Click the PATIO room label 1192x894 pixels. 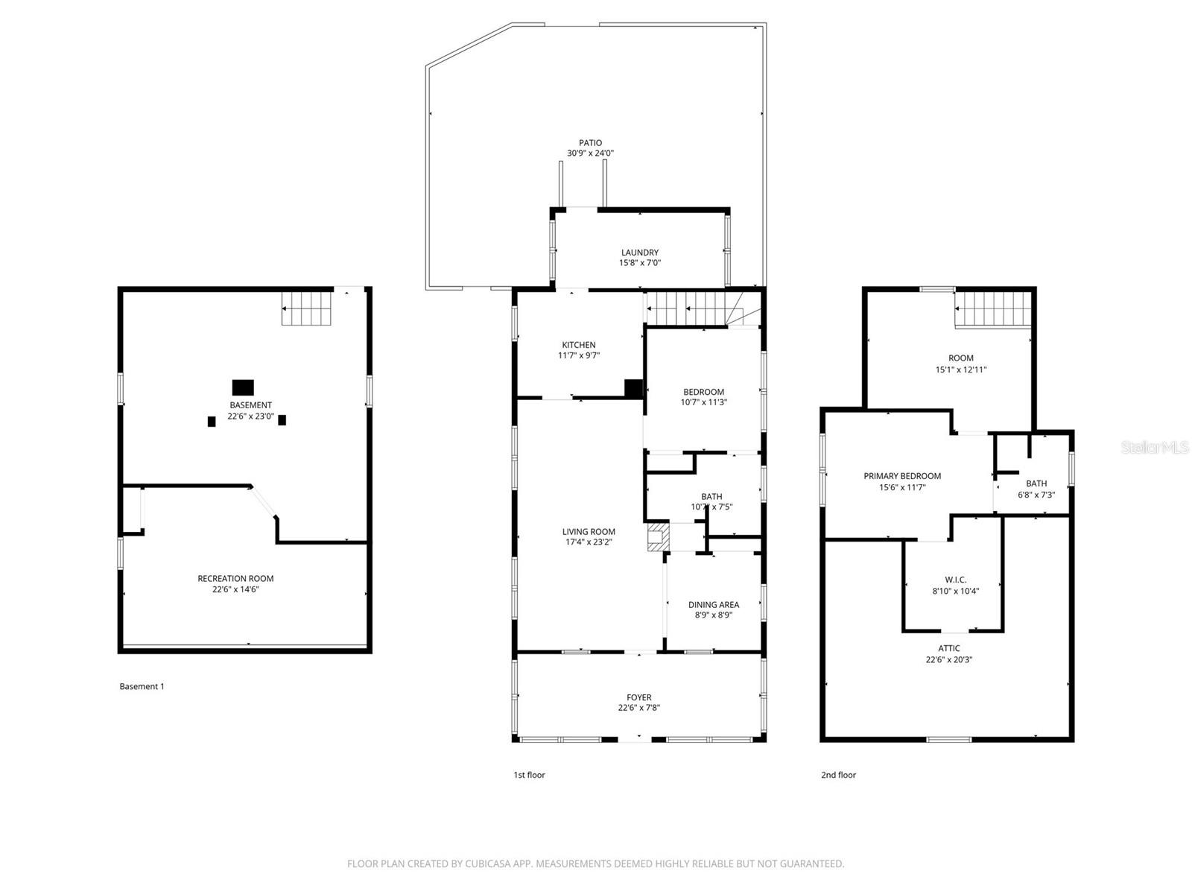(x=590, y=143)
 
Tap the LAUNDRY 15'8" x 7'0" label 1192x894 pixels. (x=639, y=258)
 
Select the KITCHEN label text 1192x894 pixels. (x=579, y=345)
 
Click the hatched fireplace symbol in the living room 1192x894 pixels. (x=656, y=537)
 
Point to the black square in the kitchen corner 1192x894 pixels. (x=633, y=388)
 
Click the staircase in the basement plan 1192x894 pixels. (x=306, y=308)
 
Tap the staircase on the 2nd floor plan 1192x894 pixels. (x=993, y=308)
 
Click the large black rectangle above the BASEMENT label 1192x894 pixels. (x=243, y=387)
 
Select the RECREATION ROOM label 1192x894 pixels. (x=235, y=579)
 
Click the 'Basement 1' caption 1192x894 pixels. (x=142, y=687)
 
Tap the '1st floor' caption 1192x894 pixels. (x=529, y=775)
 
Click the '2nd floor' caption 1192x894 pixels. (x=838, y=775)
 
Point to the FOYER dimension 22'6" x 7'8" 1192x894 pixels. (x=639, y=708)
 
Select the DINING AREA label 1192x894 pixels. (x=714, y=605)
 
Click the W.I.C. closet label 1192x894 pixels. (x=955, y=580)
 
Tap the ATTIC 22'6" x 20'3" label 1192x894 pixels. (x=948, y=654)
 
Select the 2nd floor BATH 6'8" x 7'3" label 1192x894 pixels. (x=1036, y=489)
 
